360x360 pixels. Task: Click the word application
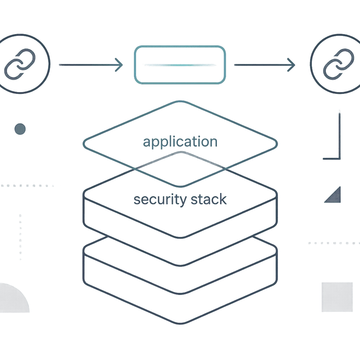click(x=180, y=142)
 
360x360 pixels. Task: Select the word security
click(x=160, y=200)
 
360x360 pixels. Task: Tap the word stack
click(x=209, y=199)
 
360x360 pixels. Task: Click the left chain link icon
click(x=20, y=64)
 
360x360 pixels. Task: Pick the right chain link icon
click(x=339, y=64)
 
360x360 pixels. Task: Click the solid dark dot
click(x=20, y=129)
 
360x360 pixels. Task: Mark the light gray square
click(x=337, y=297)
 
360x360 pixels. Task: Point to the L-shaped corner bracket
click(x=339, y=159)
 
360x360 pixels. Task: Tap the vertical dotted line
click(x=20, y=237)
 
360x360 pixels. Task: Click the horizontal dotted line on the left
click(x=27, y=186)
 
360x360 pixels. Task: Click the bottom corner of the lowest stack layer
click(x=180, y=323)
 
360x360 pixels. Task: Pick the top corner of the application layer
click(x=180, y=101)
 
